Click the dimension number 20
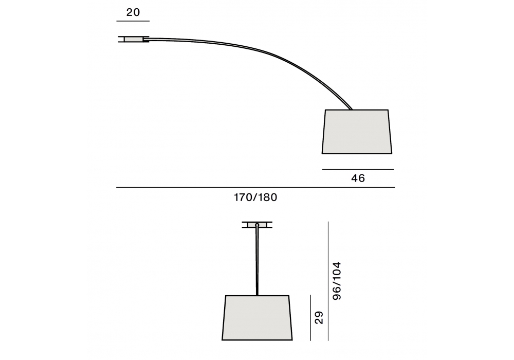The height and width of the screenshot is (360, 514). pos(133,12)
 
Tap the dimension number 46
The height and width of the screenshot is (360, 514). pos(358,178)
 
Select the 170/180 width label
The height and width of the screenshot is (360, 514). pos(255,197)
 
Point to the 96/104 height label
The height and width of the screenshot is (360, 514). pos(337,281)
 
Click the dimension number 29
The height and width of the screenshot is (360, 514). pos(319,318)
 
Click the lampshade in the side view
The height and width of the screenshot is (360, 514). pos(357,132)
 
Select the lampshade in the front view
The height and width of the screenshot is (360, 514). pos(257,318)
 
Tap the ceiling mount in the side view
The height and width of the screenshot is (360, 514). pos(134,40)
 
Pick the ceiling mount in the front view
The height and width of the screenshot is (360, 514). pos(257,225)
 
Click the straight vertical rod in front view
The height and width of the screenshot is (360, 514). pos(257,261)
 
